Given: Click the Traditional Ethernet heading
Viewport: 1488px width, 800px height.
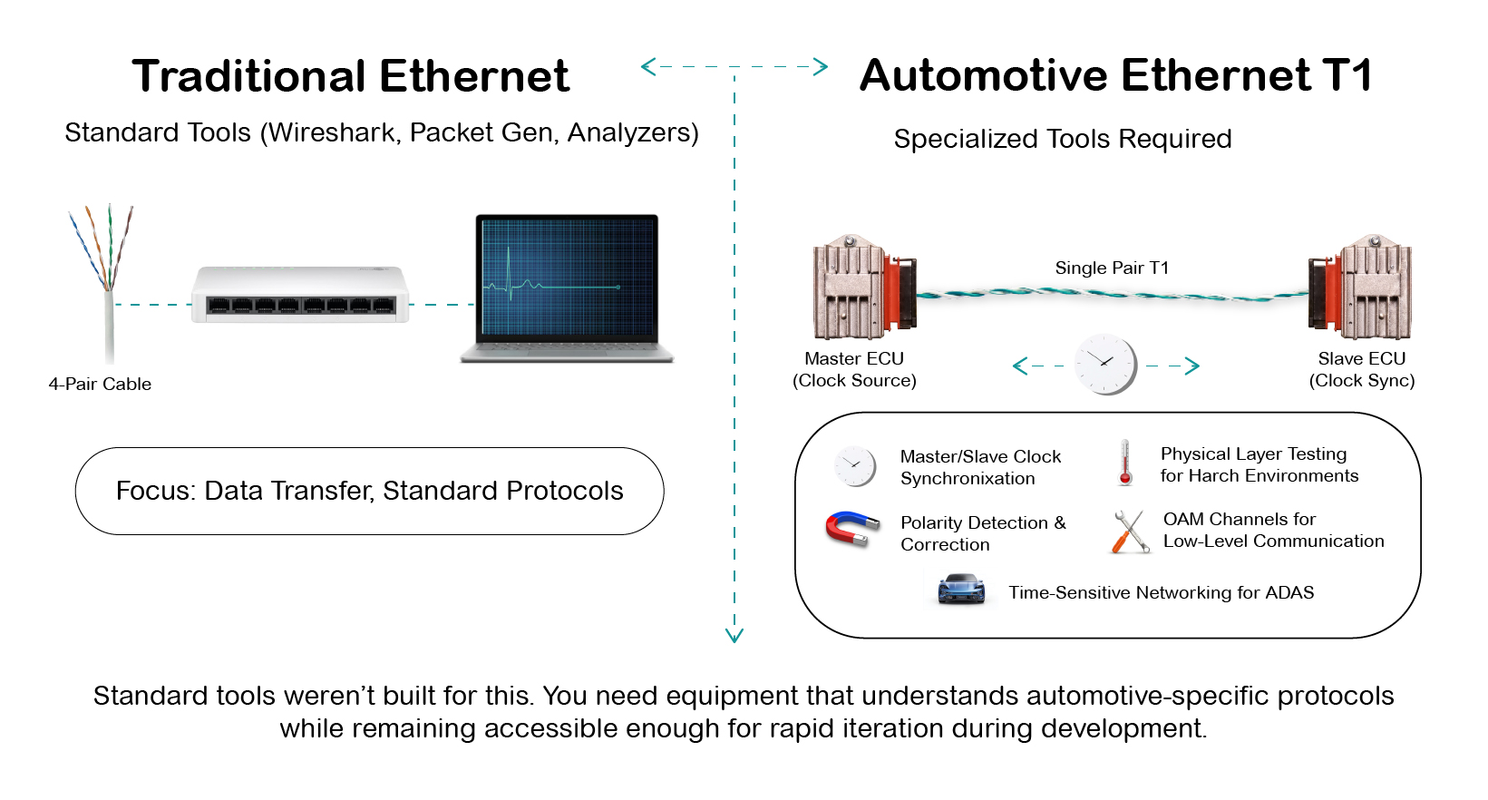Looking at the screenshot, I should [350, 76].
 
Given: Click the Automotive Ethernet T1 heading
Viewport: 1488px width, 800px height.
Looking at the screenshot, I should [1115, 75].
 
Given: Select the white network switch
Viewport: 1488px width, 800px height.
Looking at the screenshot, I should [300, 295].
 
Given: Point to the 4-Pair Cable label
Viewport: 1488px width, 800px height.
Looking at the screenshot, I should [100, 384].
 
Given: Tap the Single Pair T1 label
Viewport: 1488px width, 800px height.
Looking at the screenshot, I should [1112, 268].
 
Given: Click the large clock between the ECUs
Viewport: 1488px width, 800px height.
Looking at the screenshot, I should [1105, 365].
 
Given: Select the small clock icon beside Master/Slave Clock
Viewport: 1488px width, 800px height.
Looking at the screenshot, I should [854, 466].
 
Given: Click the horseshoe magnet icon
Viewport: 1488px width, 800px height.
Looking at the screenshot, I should [851, 529].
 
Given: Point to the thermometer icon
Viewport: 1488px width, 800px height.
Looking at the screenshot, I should [1125, 463].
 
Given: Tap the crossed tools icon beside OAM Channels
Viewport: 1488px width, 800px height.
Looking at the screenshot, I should [1129, 532].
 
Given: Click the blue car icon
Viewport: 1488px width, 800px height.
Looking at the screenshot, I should [961, 590].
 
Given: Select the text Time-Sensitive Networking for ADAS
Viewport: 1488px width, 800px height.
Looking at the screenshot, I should [1161, 592].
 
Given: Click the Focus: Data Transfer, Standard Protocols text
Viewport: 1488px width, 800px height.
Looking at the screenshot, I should [369, 491].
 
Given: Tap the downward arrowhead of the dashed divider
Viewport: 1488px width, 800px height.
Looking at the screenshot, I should [734, 636].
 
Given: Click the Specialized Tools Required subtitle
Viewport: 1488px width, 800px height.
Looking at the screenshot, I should [1062, 139].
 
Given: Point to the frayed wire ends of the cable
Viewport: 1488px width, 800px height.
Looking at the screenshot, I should [102, 240].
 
